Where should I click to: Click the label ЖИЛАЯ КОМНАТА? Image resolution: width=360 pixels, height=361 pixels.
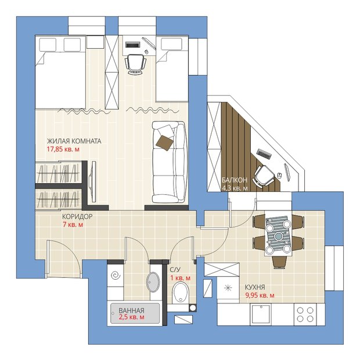click(x=74, y=141)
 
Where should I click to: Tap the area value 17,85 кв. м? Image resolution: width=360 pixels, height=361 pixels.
click(x=63, y=149)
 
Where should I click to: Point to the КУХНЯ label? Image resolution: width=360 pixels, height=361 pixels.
click(x=255, y=287)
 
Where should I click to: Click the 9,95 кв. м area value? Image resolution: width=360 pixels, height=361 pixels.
click(x=260, y=295)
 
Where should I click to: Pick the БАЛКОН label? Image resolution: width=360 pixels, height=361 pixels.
click(x=235, y=180)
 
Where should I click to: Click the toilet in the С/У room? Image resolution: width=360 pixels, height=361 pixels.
click(x=181, y=293)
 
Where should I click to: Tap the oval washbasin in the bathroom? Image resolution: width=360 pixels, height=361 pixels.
click(x=153, y=283)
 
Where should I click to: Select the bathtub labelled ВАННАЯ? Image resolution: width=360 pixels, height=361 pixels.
click(x=135, y=313)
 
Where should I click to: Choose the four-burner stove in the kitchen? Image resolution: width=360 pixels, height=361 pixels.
click(x=305, y=314)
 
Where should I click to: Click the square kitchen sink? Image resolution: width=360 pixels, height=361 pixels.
click(x=261, y=314)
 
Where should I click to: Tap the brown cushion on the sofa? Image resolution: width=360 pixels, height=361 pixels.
click(x=164, y=143)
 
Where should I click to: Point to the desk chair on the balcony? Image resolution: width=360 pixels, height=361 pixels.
click(x=263, y=176)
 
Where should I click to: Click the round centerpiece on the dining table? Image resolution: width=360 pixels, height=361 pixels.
click(x=279, y=236)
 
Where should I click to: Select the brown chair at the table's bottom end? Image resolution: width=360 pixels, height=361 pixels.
click(x=279, y=262)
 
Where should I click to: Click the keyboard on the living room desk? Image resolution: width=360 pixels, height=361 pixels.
click(x=132, y=44)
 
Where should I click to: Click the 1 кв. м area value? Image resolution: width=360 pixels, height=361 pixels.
click(x=181, y=278)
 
